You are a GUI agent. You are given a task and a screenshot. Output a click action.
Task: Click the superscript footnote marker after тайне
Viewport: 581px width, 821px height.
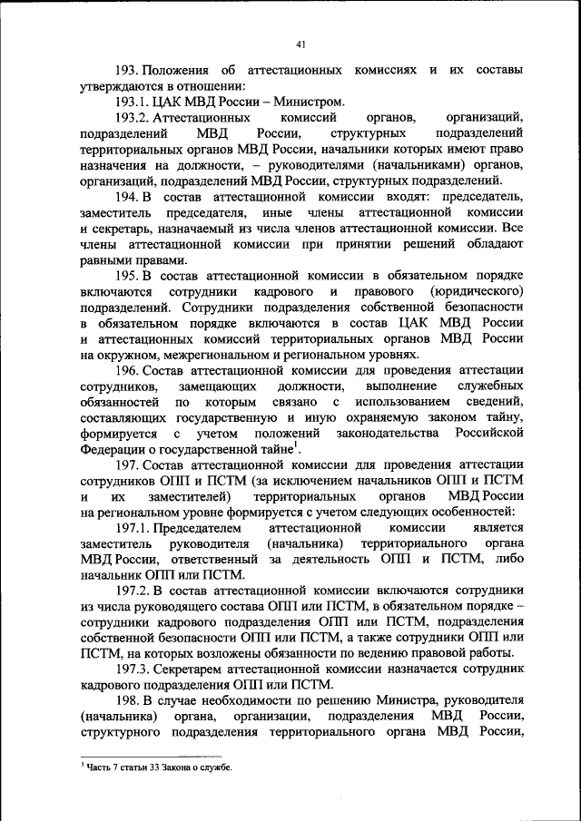tap(298, 445)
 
